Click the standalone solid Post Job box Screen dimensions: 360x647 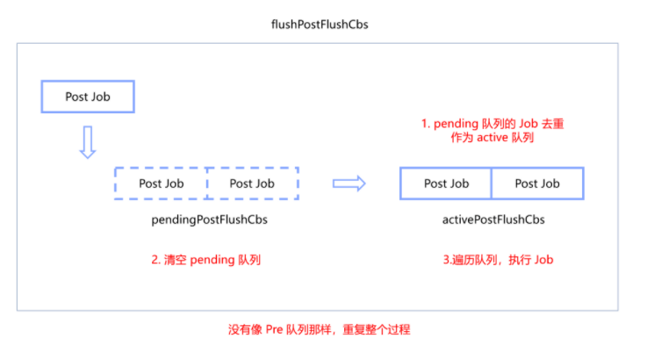[88, 97]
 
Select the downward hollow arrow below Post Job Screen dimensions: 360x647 [87, 141]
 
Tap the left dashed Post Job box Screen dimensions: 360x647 [162, 184]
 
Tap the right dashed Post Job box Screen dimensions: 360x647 [252, 184]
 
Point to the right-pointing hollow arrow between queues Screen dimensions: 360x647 [349, 183]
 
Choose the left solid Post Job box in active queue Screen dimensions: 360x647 [447, 184]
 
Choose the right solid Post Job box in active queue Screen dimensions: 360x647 [537, 184]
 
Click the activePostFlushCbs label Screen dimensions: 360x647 [492, 220]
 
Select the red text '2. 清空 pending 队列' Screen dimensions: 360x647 [206, 260]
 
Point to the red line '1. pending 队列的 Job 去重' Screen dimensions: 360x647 [492, 124]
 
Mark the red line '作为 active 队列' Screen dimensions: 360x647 [492, 140]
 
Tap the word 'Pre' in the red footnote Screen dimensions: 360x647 [273, 330]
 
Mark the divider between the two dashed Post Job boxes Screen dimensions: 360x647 [207, 184]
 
